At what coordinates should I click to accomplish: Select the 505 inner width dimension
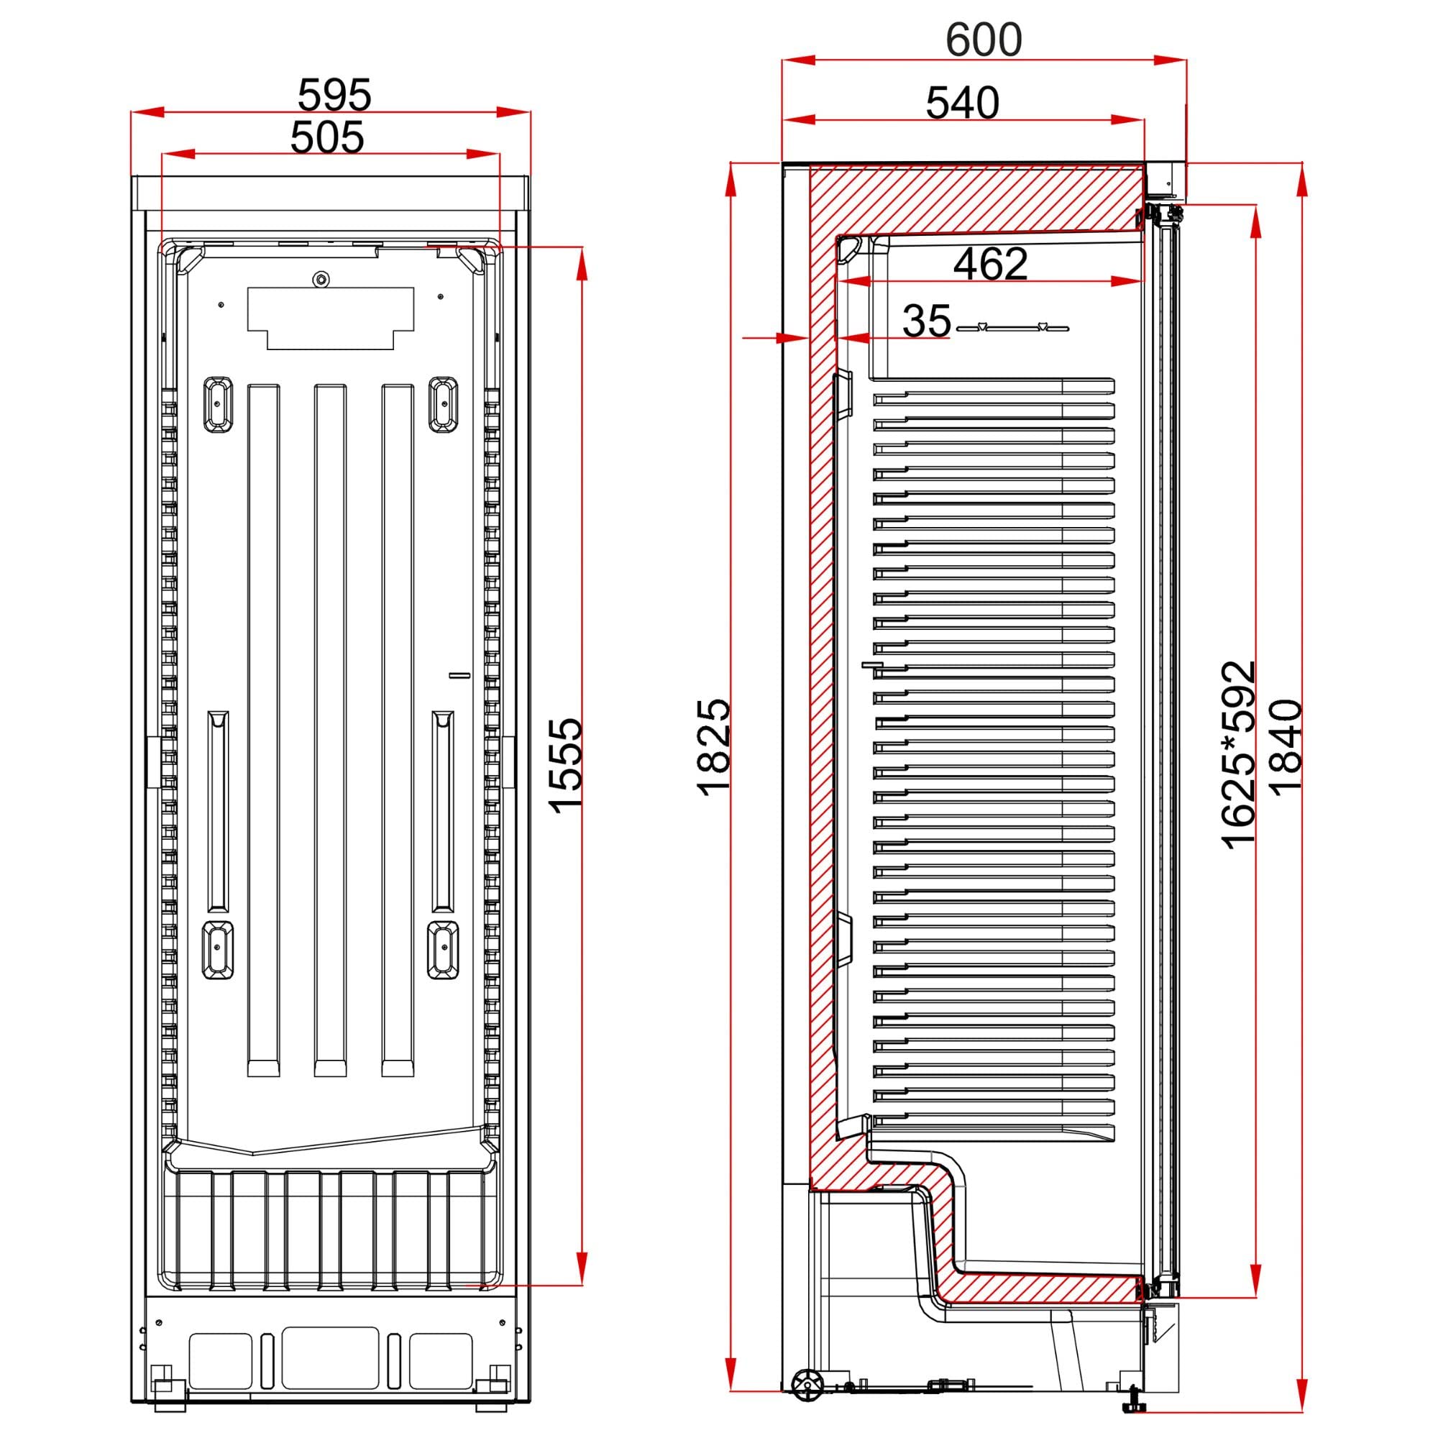[x=327, y=137]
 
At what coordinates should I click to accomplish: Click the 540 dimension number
[x=963, y=103]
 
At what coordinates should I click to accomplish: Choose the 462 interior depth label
[x=991, y=262]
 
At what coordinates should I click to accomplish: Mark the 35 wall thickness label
[x=927, y=321]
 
